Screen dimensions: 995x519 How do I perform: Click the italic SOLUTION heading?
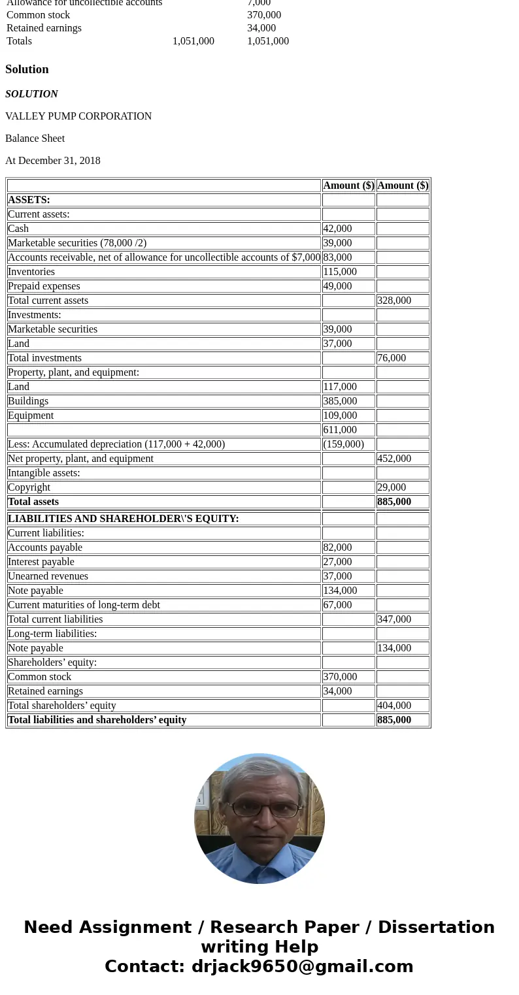(31, 94)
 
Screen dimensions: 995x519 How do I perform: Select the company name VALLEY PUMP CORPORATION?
(78, 116)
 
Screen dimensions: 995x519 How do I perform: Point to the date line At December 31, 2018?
(53, 161)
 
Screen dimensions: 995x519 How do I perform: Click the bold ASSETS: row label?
(29, 200)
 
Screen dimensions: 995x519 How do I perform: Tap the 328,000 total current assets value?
(394, 301)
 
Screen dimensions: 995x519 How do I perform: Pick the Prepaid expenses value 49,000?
(337, 286)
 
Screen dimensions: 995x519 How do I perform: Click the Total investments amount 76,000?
(392, 358)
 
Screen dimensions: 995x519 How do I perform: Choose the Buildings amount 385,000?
(340, 401)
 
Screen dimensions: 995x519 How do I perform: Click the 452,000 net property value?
(394, 459)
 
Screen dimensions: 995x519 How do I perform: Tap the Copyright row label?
(29, 487)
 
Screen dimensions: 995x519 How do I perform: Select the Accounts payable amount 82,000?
(337, 547)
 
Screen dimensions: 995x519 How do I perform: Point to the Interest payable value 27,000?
(337, 562)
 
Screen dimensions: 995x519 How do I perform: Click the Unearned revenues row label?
(48, 576)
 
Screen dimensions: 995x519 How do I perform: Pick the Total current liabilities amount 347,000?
(394, 619)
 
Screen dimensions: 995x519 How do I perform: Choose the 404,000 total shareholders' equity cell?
(394, 706)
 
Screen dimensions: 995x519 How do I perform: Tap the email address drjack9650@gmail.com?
(302, 967)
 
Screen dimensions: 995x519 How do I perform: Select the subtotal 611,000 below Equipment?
(340, 430)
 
